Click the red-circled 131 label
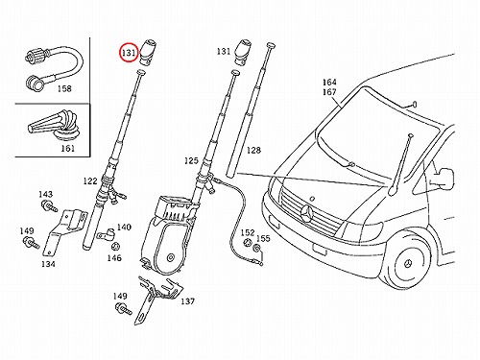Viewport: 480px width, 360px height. click(129, 53)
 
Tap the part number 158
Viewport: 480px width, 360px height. click(64, 88)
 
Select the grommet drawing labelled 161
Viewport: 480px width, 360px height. click(55, 126)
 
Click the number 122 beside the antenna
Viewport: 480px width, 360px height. click(90, 181)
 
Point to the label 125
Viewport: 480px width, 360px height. click(191, 160)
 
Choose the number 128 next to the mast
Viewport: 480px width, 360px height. click(253, 150)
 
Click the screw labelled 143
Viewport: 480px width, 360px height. click(49, 205)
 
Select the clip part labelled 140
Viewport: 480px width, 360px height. click(107, 235)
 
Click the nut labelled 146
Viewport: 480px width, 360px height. click(115, 247)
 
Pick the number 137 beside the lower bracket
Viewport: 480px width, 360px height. click(187, 301)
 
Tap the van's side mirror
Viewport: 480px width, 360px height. click(445, 178)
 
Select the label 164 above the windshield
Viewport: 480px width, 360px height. click(329, 83)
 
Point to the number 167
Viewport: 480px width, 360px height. click(329, 92)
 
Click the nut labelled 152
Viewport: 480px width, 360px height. click(248, 243)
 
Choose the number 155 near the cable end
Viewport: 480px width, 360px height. click(263, 238)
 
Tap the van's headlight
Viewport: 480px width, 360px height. click(361, 229)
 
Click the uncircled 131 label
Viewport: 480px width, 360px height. click(224, 51)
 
